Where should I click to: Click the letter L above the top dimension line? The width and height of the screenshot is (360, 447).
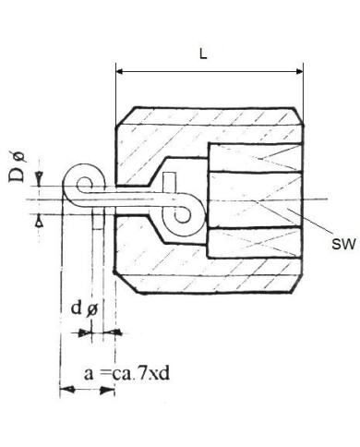pyautogui.click(x=203, y=54)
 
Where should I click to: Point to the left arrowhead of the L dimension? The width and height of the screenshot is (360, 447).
pyautogui.click(x=120, y=69)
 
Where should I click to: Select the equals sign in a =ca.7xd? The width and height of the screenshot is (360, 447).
pyautogui.click(x=102, y=373)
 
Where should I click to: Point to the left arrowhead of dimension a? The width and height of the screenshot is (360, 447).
pyautogui.click(x=65, y=392)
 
